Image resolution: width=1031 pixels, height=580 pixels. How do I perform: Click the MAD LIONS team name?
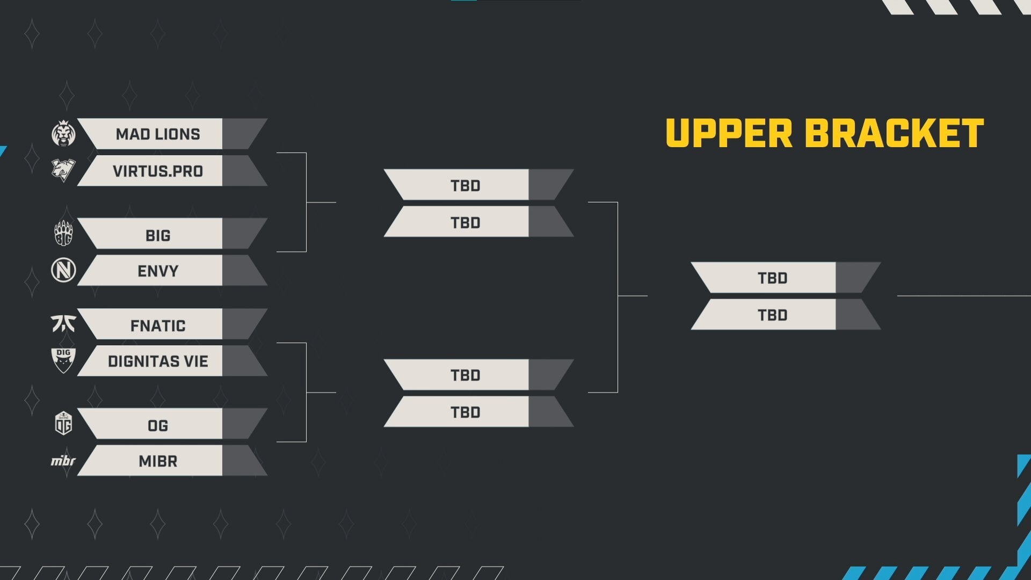point(158,134)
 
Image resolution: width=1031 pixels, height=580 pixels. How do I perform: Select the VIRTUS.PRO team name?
point(158,171)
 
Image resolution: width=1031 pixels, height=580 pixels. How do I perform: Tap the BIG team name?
point(158,235)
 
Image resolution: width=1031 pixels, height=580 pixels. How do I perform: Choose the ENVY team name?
point(158,271)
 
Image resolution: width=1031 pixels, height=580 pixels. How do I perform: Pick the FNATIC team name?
point(158,326)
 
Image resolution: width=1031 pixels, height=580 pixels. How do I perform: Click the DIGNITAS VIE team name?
point(158,361)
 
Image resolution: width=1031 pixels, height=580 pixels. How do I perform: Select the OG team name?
point(158,426)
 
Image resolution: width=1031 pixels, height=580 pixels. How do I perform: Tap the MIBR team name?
point(158,461)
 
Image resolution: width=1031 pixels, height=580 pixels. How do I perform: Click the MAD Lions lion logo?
point(63,134)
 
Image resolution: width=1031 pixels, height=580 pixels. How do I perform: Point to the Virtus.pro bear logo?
point(63,170)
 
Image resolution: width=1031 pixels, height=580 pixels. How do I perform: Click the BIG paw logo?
point(63,234)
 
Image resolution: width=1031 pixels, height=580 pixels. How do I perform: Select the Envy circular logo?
point(63,270)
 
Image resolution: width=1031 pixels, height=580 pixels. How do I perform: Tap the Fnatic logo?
point(63,323)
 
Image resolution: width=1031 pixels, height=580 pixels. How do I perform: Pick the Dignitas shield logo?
point(63,360)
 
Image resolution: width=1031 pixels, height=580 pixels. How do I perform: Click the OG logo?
point(63,423)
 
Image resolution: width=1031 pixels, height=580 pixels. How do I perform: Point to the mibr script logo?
point(63,461)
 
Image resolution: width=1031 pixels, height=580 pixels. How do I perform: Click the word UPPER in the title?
point(729,133)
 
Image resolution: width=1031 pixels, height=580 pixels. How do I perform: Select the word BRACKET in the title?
point(895,133)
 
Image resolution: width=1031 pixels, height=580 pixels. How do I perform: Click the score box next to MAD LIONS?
point(241,134)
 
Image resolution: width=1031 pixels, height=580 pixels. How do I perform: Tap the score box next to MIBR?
point(241,461)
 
